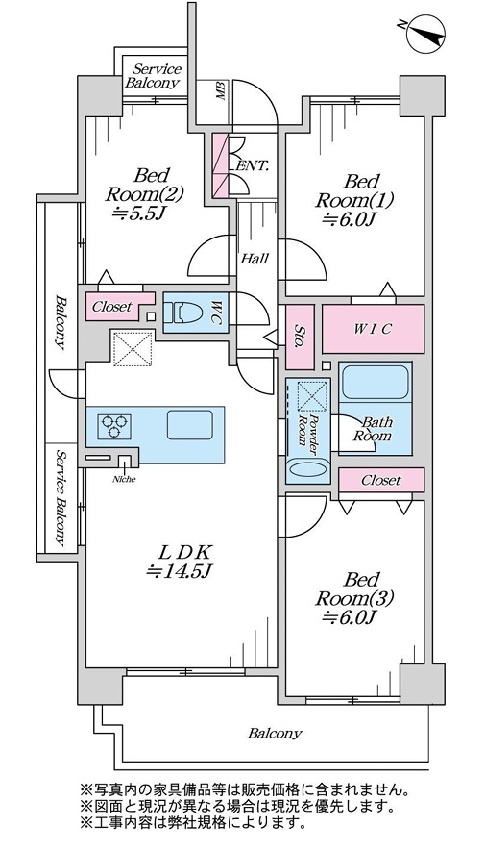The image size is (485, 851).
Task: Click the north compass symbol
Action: (x=425, y=34)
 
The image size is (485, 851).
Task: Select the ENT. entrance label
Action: (x=252, y=166)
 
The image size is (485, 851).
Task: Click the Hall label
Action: (x=255, y=259)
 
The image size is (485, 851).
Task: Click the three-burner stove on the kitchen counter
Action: (x=114, y=425)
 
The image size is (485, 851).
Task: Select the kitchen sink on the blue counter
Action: (x=189, y=425)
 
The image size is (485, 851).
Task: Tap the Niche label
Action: (x=124, y=479)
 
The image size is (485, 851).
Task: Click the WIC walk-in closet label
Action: (x=373, y=329)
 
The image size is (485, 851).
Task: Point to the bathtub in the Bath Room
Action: (x=375, y=382)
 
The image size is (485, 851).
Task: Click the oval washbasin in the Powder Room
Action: (x=307, y=468)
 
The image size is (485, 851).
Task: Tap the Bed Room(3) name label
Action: (x=354, y=588)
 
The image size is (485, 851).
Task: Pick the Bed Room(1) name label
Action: (x=354, y=190)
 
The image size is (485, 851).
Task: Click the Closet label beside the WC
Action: (x=112, y=307)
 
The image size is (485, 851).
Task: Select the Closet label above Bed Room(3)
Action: (x=381, y=481)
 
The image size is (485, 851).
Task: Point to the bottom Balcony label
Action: (x=275, y=734)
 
